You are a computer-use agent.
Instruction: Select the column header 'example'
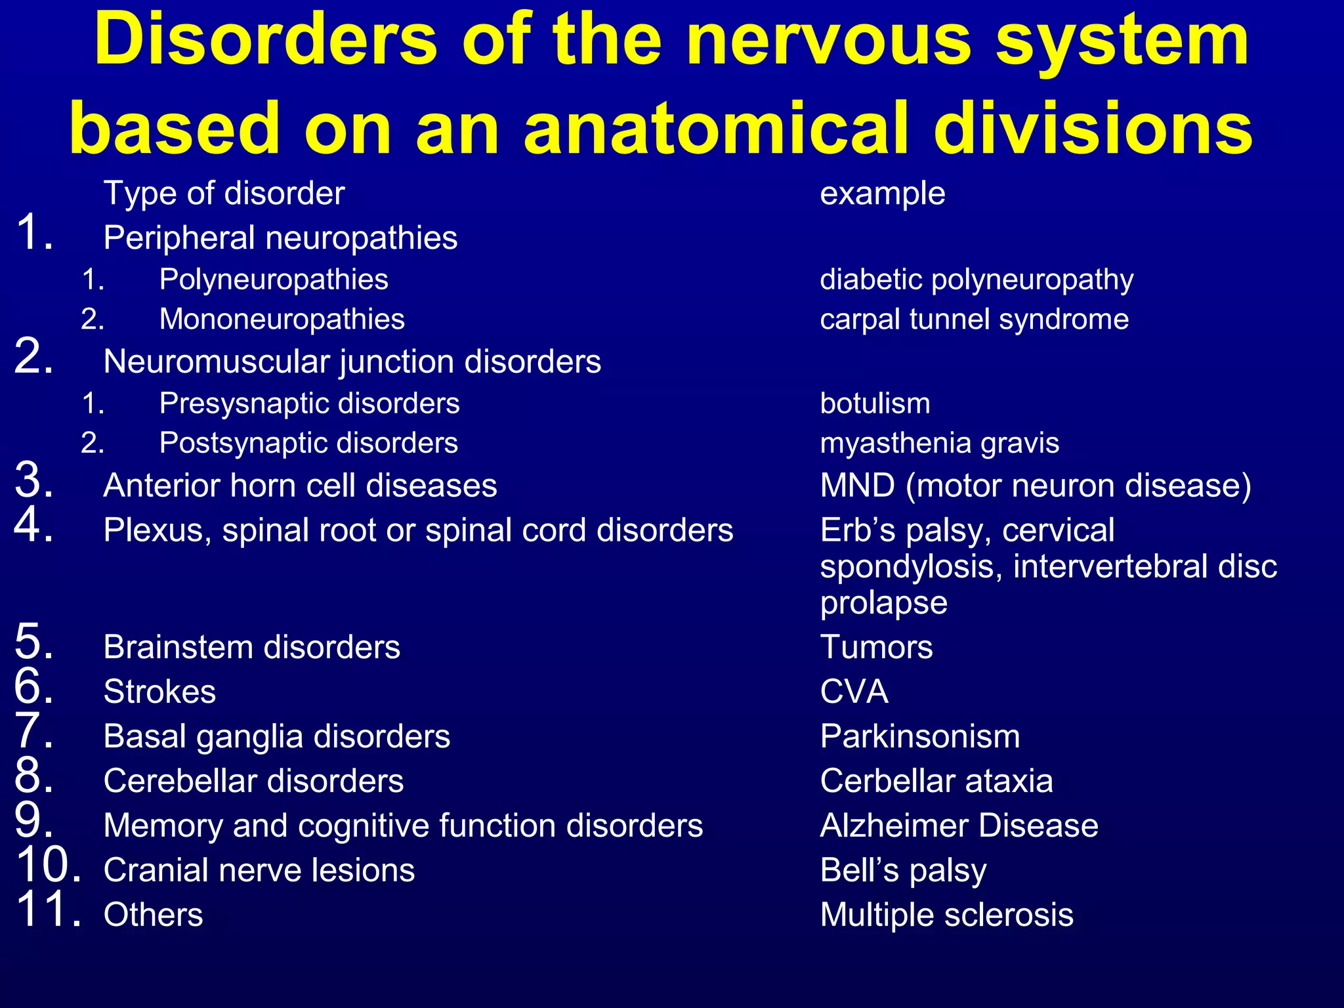[x=883, y=194]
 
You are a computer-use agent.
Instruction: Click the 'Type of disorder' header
[x=224, y=194]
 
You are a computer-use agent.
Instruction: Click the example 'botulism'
[x=875, y=404]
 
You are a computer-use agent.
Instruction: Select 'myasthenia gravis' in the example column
[x=939, y=444]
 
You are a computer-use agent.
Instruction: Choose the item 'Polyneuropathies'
[x=274, y=280]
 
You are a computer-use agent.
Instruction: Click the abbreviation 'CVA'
[x=854, y=692]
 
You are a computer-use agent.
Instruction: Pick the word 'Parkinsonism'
[x=920, y=736]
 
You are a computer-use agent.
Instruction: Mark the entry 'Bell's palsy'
[x=903, y=871]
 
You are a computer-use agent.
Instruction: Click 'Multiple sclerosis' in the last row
[x=946, y=915]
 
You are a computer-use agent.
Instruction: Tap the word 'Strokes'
[x=159, y=692]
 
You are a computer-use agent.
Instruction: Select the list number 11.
[x=49, y=910]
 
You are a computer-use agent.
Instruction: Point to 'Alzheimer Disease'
[x=959, y=826]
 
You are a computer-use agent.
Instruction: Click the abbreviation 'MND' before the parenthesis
[x=857, y=486]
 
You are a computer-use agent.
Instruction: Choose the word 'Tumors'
[x=876, y=647]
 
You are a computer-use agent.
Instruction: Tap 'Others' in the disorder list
[x=153, y=915]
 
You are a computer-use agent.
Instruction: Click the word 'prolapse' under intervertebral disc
[x=883, y=603]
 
